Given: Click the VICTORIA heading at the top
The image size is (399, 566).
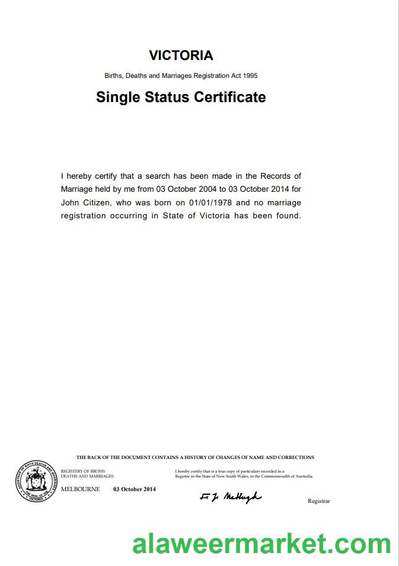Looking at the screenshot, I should point(181,56).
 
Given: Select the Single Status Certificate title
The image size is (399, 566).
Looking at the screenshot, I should point(181,97).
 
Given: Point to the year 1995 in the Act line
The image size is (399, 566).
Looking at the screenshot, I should point(250,76).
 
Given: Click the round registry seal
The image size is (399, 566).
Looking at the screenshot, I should point(36,480).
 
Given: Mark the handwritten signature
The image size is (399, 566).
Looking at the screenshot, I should point(230,497).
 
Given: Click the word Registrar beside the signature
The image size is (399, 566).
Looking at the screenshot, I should point(319,501).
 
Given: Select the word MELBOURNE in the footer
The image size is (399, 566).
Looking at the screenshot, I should point(80,489).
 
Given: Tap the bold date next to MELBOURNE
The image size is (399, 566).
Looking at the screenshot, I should point(134,489).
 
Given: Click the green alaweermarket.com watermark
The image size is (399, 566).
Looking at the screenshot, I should point(262,544).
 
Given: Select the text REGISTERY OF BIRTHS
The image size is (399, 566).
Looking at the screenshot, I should point(83,471).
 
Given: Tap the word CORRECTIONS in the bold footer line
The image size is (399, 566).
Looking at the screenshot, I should point(296,458).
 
